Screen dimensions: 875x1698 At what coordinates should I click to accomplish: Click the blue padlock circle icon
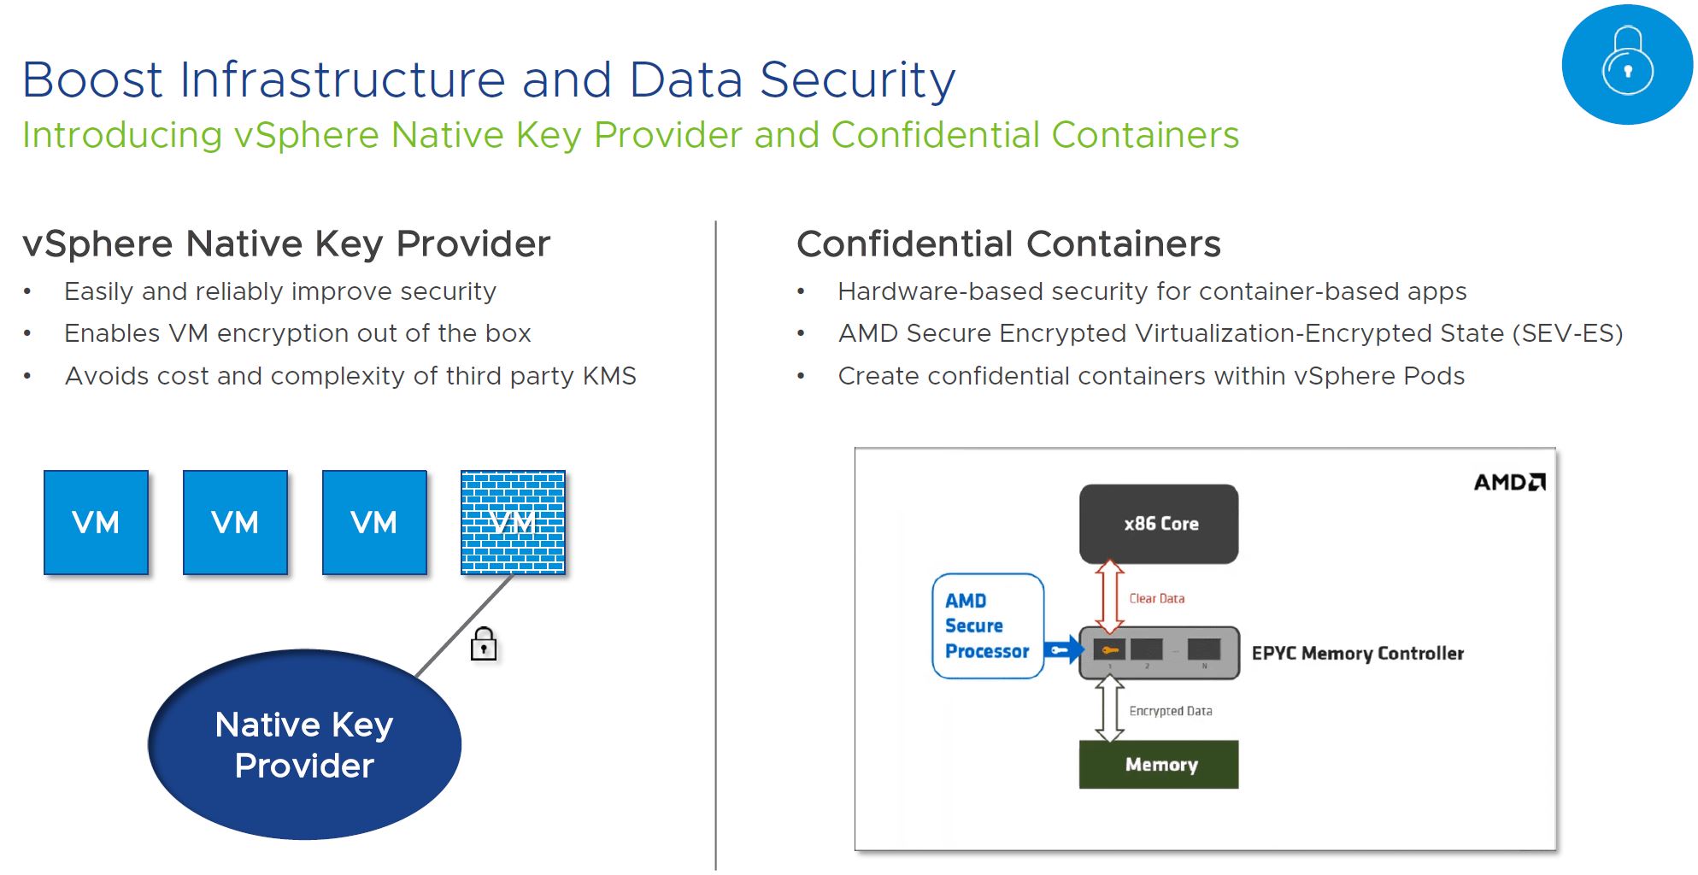1626,65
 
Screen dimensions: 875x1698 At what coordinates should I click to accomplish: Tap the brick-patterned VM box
513,522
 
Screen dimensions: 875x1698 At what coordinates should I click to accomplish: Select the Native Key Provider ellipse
304,744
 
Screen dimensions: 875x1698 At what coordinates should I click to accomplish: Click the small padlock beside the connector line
484,644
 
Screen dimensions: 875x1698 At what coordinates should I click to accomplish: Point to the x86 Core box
1159,524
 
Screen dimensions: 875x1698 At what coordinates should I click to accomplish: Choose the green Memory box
1159,765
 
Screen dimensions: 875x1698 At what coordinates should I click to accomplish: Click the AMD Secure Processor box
987,626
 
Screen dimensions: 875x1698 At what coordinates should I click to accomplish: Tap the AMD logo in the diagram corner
1509,483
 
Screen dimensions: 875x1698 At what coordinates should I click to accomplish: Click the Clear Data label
1156,599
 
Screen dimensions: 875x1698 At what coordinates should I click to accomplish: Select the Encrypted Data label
1170,711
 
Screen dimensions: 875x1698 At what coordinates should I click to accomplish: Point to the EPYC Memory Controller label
1357,654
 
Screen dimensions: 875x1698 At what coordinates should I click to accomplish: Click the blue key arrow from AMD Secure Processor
1062,650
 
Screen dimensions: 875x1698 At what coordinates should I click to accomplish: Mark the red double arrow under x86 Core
1109,596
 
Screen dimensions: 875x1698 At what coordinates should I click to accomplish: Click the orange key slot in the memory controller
1109,650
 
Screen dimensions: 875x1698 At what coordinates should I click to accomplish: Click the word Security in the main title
857,80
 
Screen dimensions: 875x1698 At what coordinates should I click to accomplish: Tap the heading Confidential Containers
1008,244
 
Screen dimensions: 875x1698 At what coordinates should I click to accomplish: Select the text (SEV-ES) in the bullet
1567,333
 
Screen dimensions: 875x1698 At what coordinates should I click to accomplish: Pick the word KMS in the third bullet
609,376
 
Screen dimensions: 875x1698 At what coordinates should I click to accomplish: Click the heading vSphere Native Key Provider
286,244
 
